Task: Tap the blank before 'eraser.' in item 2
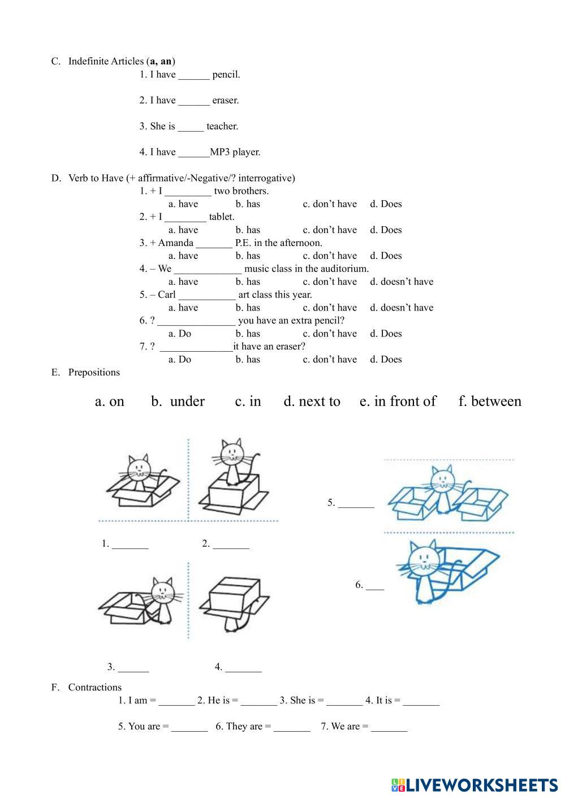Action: (x=193, y=101)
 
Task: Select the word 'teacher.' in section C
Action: (x=222, y=127)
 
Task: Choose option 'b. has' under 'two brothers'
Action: (x=248, y=204)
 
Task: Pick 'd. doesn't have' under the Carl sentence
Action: (x=401, y=308)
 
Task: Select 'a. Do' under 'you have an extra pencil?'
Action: (x=180, y=334)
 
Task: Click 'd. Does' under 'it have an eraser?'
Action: (x=386, y=360)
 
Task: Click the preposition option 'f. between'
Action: (x=490, y=401)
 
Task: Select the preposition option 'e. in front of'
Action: (x=398, y=401)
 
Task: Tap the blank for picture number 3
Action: (x=133, y=668)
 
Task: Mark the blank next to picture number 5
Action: (x=356, y=504)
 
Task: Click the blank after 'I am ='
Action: (x=176, y=701)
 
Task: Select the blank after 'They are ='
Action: (x=291, y=727)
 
